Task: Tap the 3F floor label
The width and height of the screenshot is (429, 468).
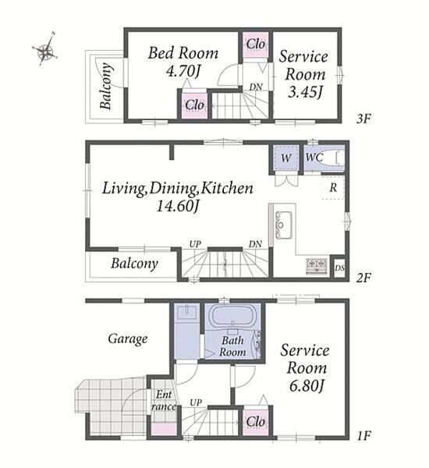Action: pyautogui.click(x=363, y=119)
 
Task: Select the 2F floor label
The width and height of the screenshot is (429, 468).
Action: pyautogui.click(x=363, y=278)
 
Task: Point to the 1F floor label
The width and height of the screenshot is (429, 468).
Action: pyautogui.click(x=363, y=436)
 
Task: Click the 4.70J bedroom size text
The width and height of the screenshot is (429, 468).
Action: pyautogui.click(x=183, y=72)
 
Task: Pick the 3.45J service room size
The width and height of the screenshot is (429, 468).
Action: pyautogui.click(x=305, y=92)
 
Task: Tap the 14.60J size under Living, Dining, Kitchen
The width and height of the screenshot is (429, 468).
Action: pyautogui.click(x=178, y=206)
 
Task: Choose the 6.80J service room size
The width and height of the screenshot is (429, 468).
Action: pyautogui.click(x=307, y=386)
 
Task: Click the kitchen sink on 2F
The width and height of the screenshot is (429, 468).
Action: pyautogui.click(x=283, y=225)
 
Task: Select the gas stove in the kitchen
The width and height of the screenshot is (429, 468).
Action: pyautogui.click(x=317, y=266)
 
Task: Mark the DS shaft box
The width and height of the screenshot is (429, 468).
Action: pyautogui.click(x=339, y=268)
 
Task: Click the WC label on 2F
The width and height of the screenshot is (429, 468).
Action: pyautogui.click(x=314, y=158)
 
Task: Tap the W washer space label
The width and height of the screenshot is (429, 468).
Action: pyautogui.click(x=286, y=158)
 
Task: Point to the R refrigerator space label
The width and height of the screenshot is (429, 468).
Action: pyautogui.click(x=333, y=188)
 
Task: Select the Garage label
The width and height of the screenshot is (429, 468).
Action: pyautogui.click(x=127, y=339)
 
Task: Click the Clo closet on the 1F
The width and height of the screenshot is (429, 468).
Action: pyautogui.click(x=256, y=422)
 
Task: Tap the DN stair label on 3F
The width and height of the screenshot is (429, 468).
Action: pyautogui.click(x=256, y=87)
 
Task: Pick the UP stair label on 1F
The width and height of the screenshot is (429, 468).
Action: pyautogui.click(x=196, y=402)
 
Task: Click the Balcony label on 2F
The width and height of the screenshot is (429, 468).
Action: pyautogui.click(x=134, y=264)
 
